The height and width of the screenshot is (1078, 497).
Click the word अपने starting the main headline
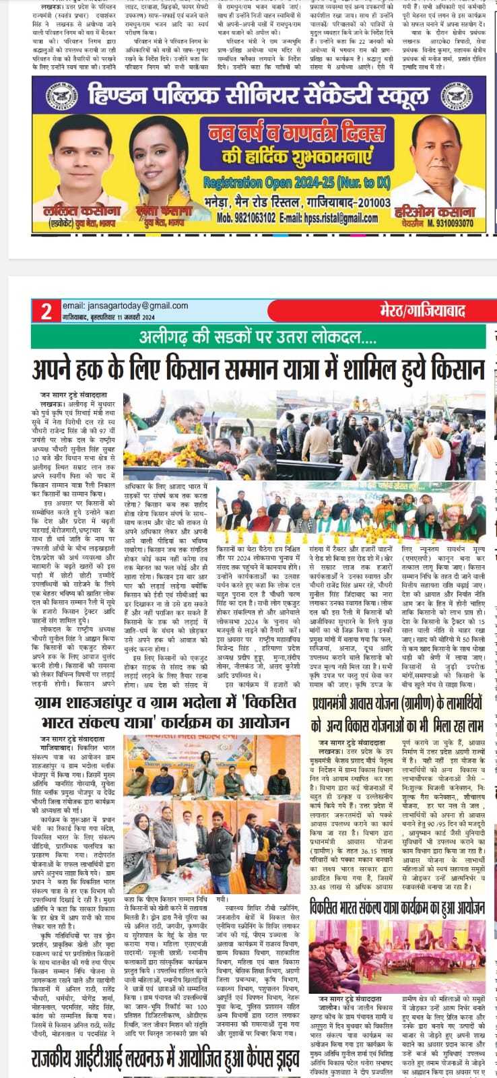(57, 370)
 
